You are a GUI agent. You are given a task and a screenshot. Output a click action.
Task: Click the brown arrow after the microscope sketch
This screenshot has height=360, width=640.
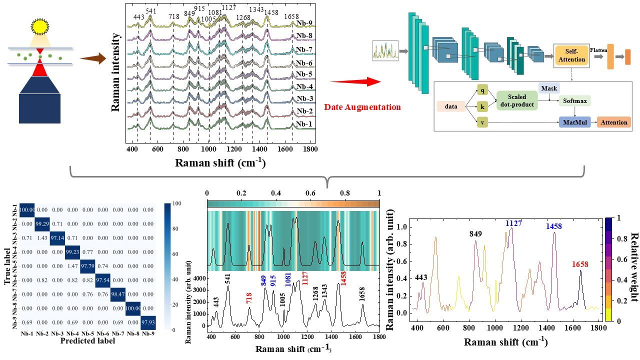pyautogui.click(x=93, y=59)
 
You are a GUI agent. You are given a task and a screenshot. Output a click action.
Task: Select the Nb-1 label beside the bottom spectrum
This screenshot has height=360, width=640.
pyautogui.click(x=304, y=124)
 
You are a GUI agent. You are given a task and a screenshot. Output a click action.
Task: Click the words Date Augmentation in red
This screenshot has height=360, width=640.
pyautogui.click(x=362, y=107)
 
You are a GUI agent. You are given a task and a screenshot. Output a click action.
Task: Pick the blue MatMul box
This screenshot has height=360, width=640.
pyautogui.click(x=574, y=122)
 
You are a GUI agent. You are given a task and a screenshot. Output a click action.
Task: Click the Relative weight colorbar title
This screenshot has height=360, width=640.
pyautogui.click(x=633, y=267)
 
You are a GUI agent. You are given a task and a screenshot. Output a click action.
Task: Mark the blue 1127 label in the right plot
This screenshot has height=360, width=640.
pyautogui.click(x=513, y=223)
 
